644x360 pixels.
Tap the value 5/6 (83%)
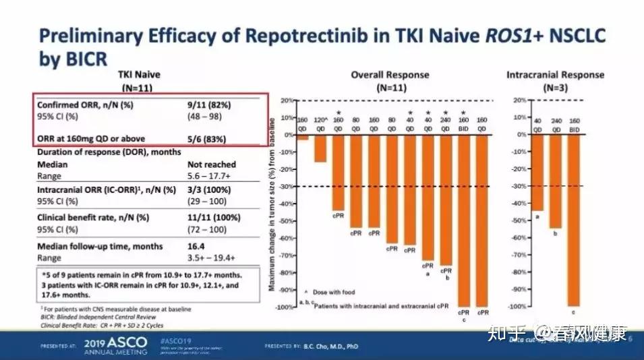click(207, 140)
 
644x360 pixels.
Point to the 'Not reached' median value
click(211, 164)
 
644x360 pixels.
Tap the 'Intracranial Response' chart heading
click(555, 75)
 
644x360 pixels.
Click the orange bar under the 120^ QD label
click(320, 148)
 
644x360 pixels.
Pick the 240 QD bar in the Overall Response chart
click(446, 200)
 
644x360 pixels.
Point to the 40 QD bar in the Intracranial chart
click(537, 173)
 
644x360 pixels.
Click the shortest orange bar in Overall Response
click(303, 138)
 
